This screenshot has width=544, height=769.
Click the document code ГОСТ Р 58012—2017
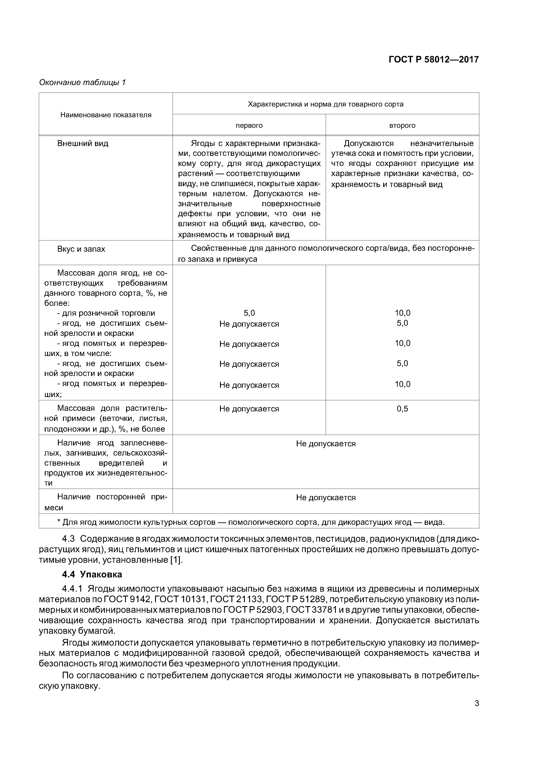(433, 60)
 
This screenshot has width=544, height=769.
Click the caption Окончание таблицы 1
(82, 82)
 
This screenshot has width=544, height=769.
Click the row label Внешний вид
(83, 144)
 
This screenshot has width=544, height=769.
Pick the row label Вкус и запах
(81, 249)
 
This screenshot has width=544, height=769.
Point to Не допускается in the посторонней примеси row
(326, 498)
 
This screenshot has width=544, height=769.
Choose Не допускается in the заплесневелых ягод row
(326, 444)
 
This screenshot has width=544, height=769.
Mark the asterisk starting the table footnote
(59, 522)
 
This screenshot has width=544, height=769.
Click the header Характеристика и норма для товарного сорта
(326, 104)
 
